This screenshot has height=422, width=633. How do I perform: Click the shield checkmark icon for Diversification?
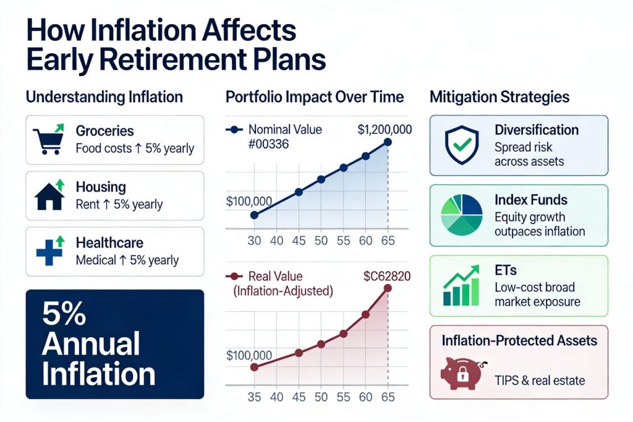[462, 145]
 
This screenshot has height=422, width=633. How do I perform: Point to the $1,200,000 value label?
[384, 130]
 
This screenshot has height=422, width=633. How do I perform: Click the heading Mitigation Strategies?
[499, 97]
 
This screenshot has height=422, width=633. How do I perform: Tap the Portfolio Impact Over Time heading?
[315, 97]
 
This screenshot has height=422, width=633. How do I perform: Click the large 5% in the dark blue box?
[64, 314]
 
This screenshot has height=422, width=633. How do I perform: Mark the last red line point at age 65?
[388, 288]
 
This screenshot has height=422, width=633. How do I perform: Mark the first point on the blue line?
[254, 215]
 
